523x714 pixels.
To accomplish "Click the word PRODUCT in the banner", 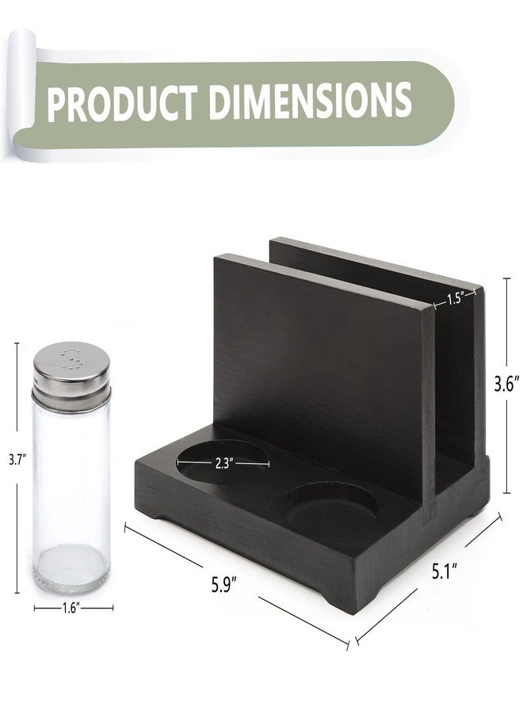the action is pos(122,103).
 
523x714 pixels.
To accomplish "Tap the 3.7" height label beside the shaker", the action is pos(17,460).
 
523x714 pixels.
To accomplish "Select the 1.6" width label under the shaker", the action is pos(71,608).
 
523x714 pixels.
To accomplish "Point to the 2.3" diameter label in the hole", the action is pos(224,464).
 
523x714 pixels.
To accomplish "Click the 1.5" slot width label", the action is pos(455,299).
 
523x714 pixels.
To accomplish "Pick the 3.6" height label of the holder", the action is pos(506,385).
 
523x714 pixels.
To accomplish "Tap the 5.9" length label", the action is pos(224,584).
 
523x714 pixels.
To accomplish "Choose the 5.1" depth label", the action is pos(445,570).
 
